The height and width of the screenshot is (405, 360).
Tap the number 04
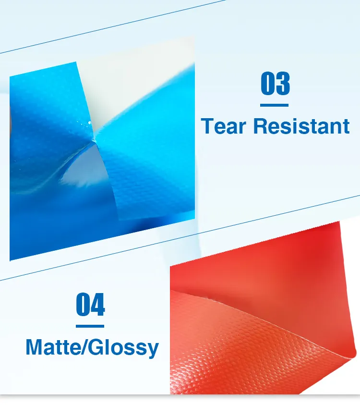point(90,305)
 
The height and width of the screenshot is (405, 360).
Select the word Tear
point(224,126)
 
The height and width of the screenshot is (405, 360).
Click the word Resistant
point(301,126)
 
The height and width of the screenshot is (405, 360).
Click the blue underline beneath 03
point(275,105)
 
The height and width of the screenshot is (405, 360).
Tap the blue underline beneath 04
point(90,326)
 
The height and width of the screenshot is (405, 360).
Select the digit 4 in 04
point(97,305)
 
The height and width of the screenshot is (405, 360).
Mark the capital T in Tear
point(208,126)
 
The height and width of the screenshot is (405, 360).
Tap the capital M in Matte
point(34,347)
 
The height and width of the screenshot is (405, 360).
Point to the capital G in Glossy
point(97,347)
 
